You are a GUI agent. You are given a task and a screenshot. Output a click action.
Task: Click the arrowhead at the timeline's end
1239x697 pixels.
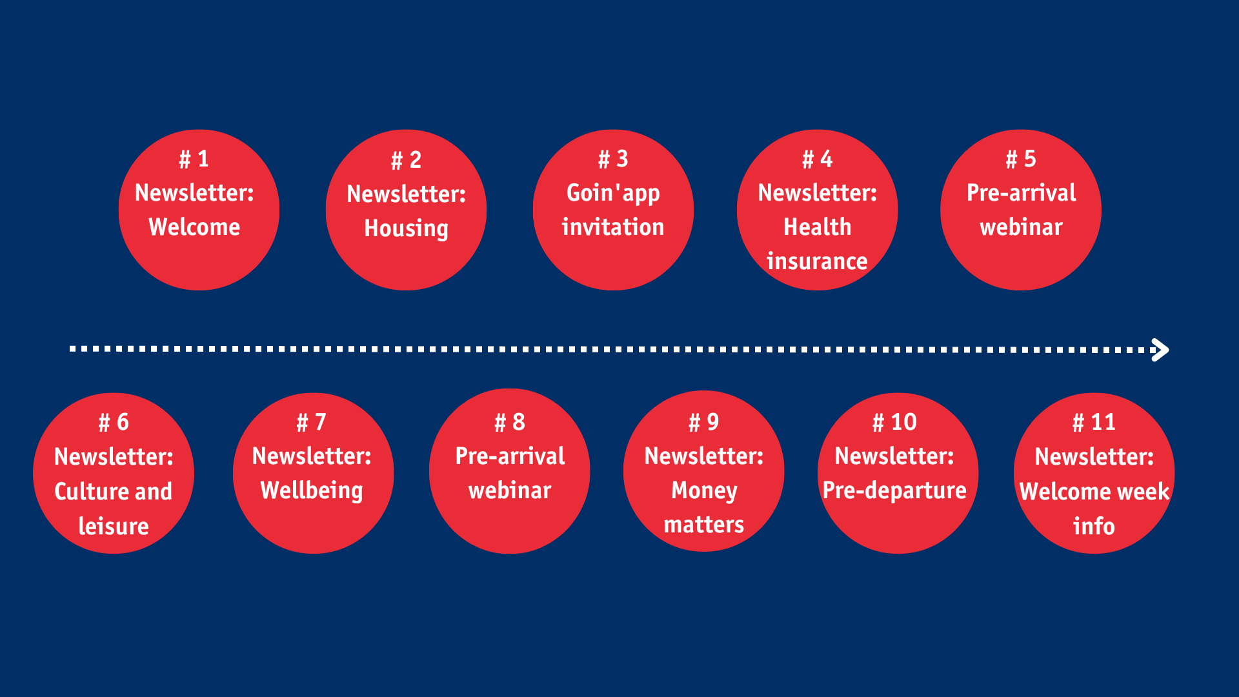[x=1161, y=350]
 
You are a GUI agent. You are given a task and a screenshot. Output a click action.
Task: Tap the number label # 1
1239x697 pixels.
[x=194, y=159]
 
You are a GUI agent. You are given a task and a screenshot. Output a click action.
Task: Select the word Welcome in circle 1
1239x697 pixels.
[x=194, y=227]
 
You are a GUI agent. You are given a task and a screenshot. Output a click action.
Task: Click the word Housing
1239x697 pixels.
[x=406, y=229]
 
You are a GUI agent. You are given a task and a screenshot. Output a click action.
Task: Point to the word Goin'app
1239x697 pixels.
[x=613, y=194]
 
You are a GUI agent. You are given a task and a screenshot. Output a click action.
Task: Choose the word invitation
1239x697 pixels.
[x=613, y=227]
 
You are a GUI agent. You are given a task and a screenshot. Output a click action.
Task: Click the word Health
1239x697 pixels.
[x=818, y=227]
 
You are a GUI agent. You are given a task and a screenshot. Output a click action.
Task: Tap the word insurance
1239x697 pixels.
[x=817, y=261]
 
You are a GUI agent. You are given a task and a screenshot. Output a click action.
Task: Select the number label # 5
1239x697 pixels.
[x=1021, y=159]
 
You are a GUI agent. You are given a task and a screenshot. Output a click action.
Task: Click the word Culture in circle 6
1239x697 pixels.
[x=90, y=492]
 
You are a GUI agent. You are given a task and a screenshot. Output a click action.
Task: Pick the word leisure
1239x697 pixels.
[x=114, y=527]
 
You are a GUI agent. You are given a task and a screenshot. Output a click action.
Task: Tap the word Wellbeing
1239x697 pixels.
[x=312, y=491]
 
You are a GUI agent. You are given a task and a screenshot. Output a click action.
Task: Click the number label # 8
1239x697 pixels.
[x=510, y=422]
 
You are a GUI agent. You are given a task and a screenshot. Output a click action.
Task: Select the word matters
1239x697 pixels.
[x=704, y=525]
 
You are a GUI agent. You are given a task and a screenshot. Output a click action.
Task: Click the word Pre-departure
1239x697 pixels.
[x=894, y=491]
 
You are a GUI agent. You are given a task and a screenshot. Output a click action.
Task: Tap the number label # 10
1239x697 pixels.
[x=894, y=422]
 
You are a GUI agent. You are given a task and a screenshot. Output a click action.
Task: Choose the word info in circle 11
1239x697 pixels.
[x=1094, y=527]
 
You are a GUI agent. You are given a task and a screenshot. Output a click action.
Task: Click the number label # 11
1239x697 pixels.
[x=1094, y=422]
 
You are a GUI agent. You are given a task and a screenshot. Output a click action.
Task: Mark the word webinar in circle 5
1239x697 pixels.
[x=1021, y=227]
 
